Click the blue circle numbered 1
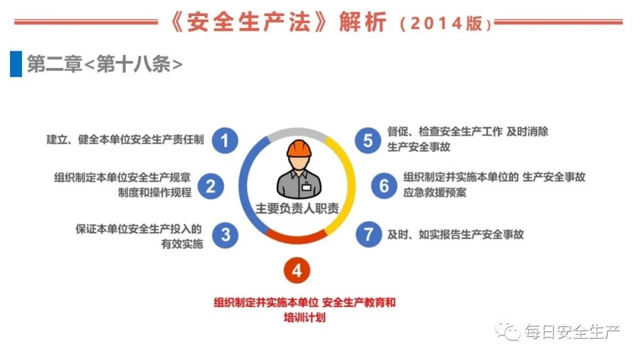225,141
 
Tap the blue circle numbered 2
211,186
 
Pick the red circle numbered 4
297,270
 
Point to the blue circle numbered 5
368,141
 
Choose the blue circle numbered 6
384,186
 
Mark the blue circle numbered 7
369,234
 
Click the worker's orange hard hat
299,148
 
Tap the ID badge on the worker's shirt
307,187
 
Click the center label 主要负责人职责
297,208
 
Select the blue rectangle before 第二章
16,63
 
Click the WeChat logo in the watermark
507,330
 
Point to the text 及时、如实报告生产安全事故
455,234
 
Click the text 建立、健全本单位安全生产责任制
125,140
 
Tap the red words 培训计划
304,317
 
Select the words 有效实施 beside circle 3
182,244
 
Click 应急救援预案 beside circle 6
434,193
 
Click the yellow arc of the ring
344,184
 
